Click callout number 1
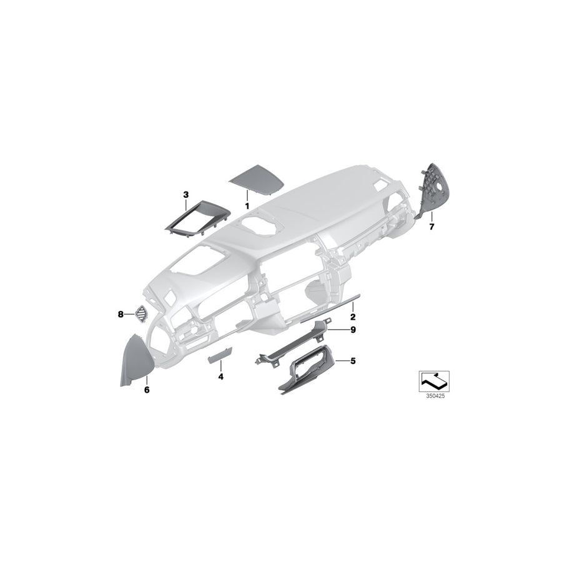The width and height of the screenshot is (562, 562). click(x=247, y=205)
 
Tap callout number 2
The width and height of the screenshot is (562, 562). click(x=353, y=308)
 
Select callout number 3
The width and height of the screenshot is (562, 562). click(x=185, y=195)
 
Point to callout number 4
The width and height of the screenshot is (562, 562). click(x=220, y=377)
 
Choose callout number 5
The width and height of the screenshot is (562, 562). click(x=353, y=360)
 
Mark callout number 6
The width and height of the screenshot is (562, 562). click(x=147, y=390)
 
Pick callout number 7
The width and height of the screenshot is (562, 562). click(x=431, y=228)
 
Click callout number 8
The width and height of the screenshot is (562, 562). click(x=121, y=315)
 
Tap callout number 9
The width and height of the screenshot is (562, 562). click(x=353, y=329)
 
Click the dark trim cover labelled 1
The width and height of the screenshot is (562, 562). click(x=256, y=180)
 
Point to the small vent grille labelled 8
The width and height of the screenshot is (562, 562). click(x=142, y=314)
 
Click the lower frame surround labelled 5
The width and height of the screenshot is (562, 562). click(x=306, y=368)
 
